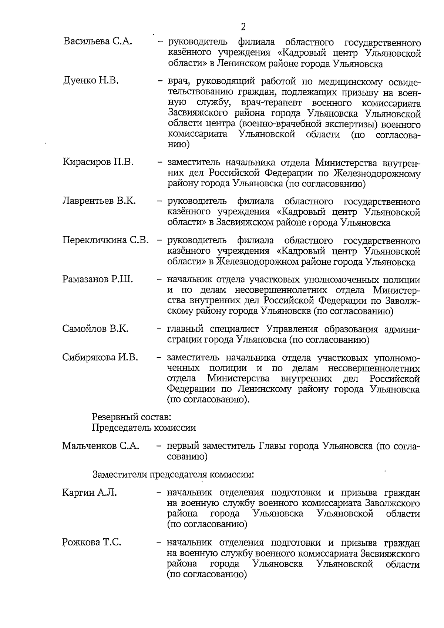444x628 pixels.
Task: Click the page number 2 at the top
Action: point(243,27)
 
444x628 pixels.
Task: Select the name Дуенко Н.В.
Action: point(91,80)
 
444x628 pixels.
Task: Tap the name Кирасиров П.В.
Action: point(98,162)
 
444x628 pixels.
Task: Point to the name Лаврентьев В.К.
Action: point(99,201)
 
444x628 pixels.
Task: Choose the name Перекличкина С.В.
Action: point(105,240)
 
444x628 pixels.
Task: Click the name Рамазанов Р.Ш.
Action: point(98,279)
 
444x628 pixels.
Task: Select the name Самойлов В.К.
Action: point(95,329)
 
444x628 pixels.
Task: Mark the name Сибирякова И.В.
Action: point(100,357)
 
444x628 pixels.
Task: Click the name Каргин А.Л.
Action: point(89,492)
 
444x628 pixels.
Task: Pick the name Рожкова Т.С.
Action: point(91,542)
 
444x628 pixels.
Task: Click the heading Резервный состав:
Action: point(131,417)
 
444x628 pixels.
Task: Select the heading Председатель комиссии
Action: point(144,428)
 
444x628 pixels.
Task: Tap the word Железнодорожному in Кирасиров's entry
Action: point(377,173)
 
